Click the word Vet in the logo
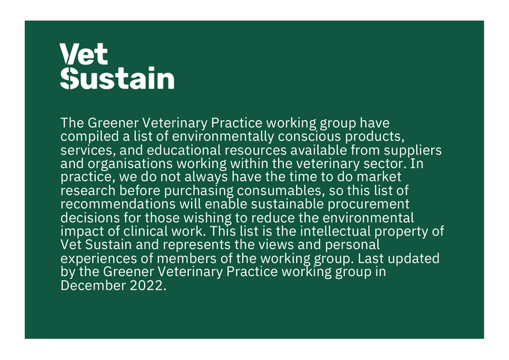coord(84,54)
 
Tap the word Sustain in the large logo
coord(117,78)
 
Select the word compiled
coord(90,136)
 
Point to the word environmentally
coord(223,136)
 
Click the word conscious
coord(310,136)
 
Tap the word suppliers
coord(412,151)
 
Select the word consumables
coord(281,190)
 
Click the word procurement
coord(368,205)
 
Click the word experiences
coord(99,259)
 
